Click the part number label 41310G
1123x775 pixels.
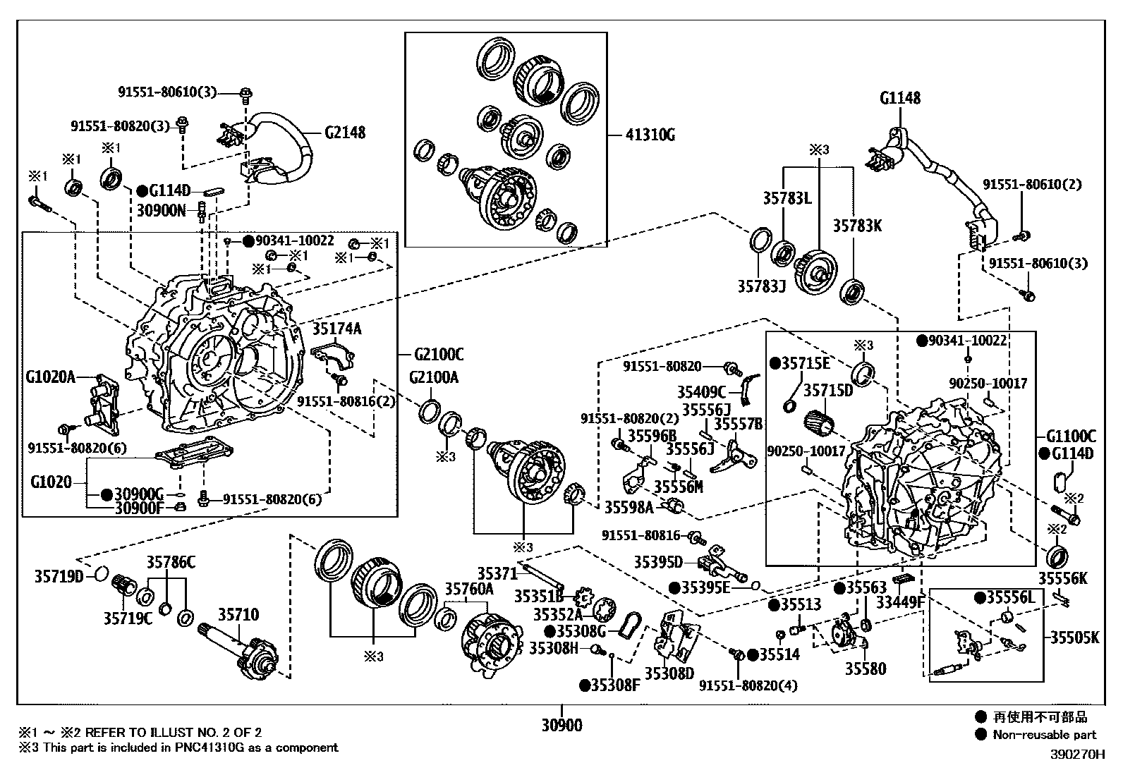(x=649, y=135)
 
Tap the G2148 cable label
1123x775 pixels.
(x=345, y=132)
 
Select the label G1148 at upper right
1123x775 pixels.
(x=899, y=98)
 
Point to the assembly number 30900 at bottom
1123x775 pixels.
(x=562, y=724)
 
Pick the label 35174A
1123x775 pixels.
(x=336, y=328)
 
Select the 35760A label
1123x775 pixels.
(x=469, y=588)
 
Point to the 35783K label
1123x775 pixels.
(x=857, y=226)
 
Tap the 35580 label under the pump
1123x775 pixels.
(x=866, y=668)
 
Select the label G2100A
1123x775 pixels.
(x=433, y=377)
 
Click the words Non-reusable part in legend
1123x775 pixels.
(x=1045, y=735)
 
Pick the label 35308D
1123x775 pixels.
(x=669, y=673)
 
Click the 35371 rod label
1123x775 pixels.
(x=497, y=573)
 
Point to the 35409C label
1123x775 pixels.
(x=701, y=392)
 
